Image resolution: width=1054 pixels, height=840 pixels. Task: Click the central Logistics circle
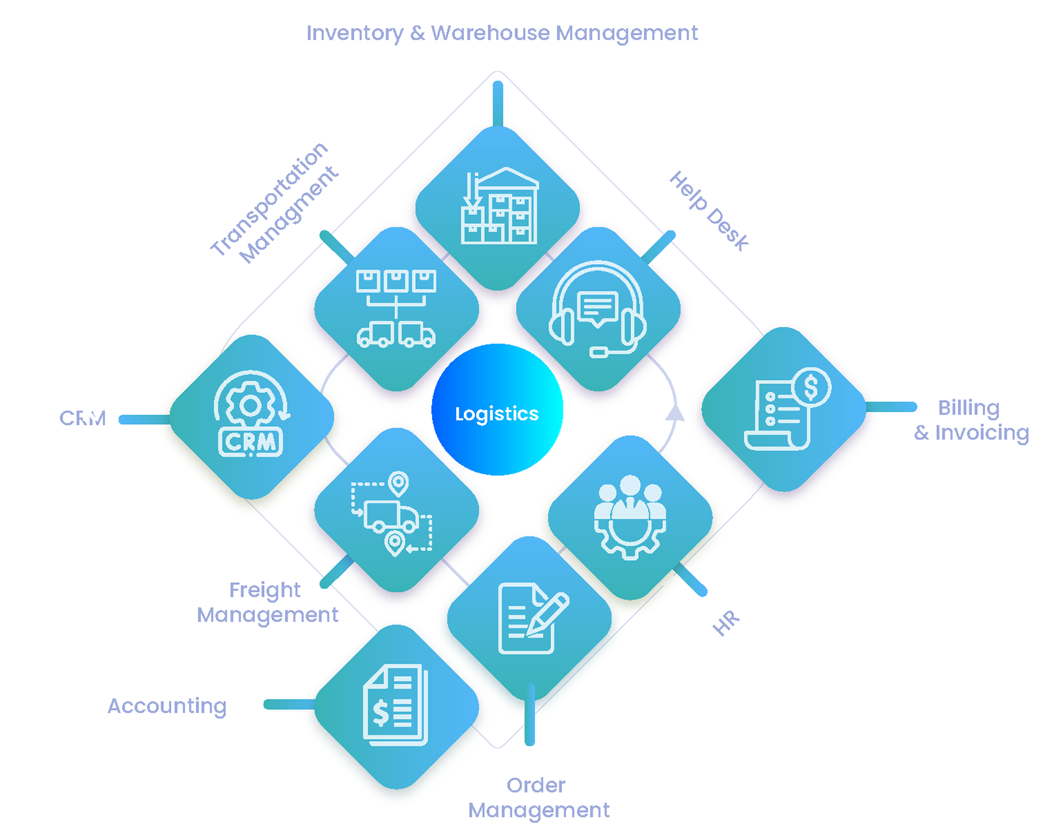pos(497,410)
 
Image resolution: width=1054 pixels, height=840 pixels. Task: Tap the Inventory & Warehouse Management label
pos(502,33)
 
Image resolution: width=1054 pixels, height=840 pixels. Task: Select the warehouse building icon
pos(499,206)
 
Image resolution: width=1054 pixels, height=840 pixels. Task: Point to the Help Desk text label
pos(709,211)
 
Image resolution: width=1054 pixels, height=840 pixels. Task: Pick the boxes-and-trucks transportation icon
pos(396,309)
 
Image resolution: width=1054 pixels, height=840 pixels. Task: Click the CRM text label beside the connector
pos(83,418)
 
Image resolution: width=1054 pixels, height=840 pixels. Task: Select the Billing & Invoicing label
pos(971,420)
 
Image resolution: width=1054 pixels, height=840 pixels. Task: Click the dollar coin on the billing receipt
pos(811,387)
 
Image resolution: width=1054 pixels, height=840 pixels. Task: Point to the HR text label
pos(726,623)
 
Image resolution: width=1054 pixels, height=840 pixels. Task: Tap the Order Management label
pos(539,797)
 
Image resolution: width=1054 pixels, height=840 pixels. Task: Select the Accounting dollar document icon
pos(396,705)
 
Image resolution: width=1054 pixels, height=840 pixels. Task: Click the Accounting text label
pos(167,705)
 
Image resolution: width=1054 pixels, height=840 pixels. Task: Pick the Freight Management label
pos(267,602)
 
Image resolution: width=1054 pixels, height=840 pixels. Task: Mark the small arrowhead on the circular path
pos(675,413)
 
